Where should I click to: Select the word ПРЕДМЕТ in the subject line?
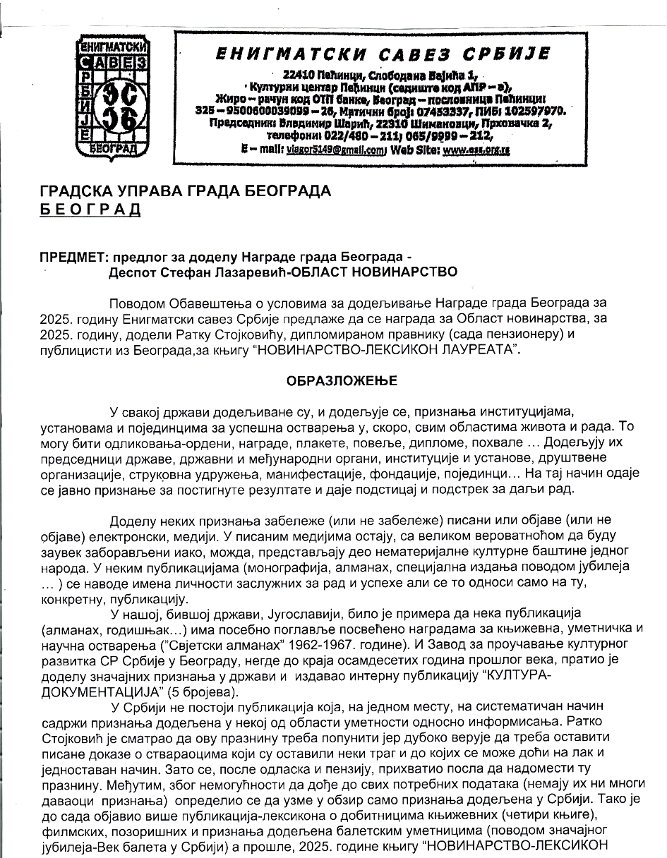coord(70,257)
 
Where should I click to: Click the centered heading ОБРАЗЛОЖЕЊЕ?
coord(342,381)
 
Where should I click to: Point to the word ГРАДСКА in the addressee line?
coord(77,191)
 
